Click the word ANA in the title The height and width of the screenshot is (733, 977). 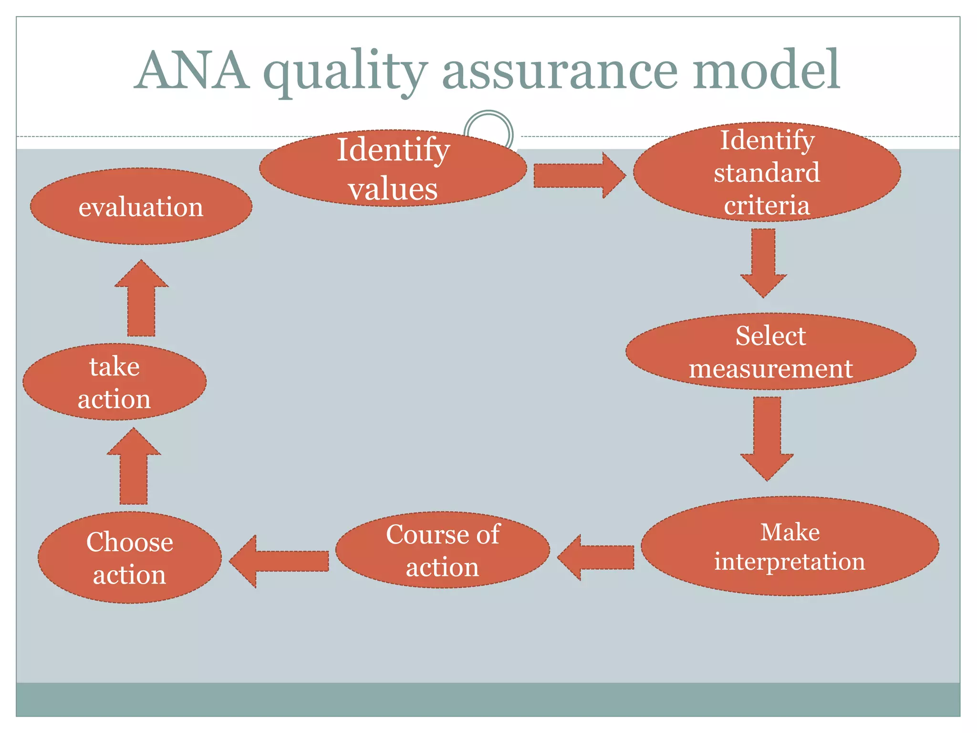tap(192, 70)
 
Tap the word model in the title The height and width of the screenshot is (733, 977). tap(766, 70)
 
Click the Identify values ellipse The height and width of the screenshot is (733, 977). tap(393, 168)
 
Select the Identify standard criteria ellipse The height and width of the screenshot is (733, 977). tap(767, 172)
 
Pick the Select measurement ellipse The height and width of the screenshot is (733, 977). tap(770, 352)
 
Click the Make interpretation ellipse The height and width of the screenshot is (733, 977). tap(790, 546)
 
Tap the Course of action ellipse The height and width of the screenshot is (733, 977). tap(442, 550)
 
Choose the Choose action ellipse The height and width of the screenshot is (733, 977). tap(129, 557)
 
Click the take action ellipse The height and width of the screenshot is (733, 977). tap(114, 382)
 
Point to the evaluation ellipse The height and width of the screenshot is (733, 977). tap(141, 207)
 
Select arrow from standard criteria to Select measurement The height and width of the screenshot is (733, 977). tap(763, 262)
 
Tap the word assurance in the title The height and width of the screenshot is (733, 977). tap(561, 72)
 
